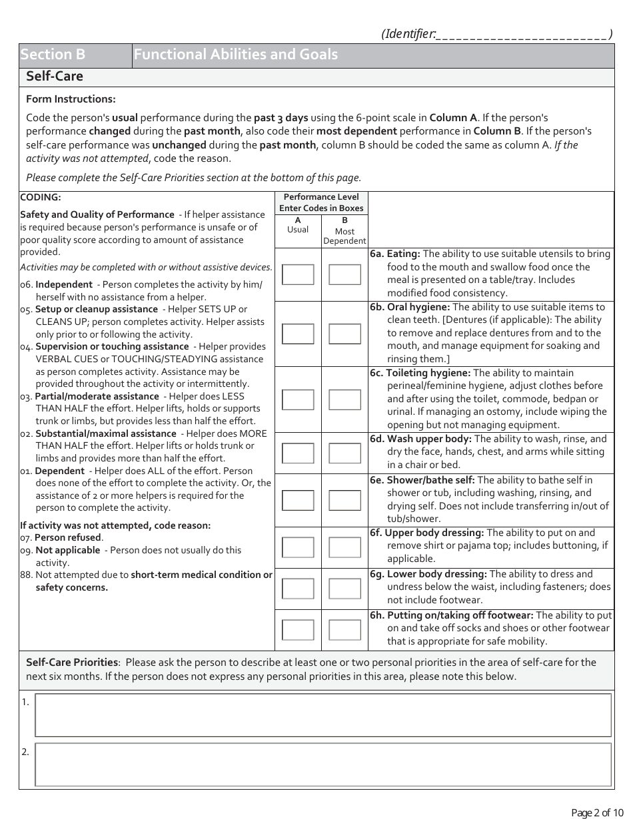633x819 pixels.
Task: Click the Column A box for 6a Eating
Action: (298, 274)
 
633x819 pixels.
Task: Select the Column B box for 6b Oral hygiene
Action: (344, 334)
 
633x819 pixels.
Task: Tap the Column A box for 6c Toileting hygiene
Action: (298, 400)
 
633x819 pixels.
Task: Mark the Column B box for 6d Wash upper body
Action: (344, 453)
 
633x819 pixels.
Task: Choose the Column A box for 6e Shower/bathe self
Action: (298, 500)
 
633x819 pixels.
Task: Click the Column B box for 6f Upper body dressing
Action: (344, 547)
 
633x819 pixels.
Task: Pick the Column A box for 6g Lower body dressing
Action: (298, 589)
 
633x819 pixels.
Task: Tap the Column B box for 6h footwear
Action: (344, 630)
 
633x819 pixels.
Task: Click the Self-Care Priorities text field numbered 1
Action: (322, 715)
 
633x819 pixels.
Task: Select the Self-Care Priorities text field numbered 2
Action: (322, 764)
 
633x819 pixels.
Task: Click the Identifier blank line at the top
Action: (522, 35)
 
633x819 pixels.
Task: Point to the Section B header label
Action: (53, 55)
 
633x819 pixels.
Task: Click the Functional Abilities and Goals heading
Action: (236, 55)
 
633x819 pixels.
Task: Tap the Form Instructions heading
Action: (71, 99)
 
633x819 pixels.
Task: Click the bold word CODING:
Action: (41, 198)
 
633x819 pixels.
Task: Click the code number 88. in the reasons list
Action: (26, 575)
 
